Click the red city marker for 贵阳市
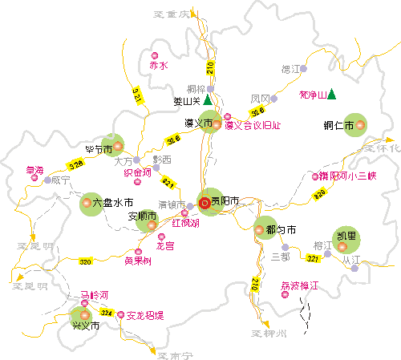(x=205, y=203)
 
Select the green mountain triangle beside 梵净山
(x=331, y=95)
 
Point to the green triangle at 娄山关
(x=208, y=101)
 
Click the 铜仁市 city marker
(x=360, y=124)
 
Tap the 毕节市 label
(x=99, y=148)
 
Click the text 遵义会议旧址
(x=253, y=125)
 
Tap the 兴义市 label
(x=86, y=326)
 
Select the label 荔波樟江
(x=299, y=285)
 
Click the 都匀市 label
(x=281, y=230)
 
